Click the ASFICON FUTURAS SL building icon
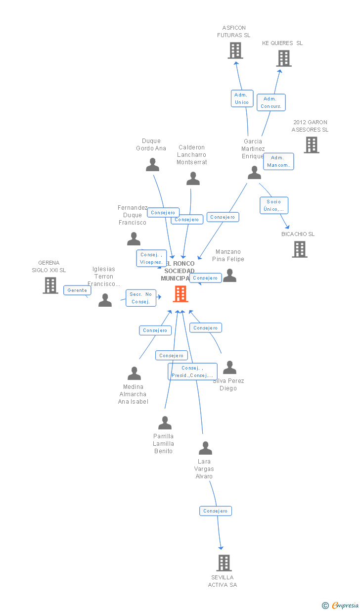pos(235,50)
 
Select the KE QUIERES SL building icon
pos(284,58)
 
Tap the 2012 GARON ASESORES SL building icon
pos(312,145)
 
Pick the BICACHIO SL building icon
pos(300,249)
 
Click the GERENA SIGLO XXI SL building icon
pos(50,285)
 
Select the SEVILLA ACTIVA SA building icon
pos(224,563)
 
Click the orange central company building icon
pos(180,294)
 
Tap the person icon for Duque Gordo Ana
pos(153,165)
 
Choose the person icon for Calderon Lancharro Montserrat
pos(193,179)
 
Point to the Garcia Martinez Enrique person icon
pos(255,173)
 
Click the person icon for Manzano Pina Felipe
pos(230,276)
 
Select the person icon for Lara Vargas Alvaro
pos(205,448)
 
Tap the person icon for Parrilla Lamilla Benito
pos(165,423)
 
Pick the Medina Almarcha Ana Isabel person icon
pos(135,374)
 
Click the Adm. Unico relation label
pos(242,98)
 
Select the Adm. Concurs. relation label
pos(271,102)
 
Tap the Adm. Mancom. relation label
pos(278,161)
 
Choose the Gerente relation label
pos(77,290)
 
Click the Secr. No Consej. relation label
pos(141,298)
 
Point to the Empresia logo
pos(341,605)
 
